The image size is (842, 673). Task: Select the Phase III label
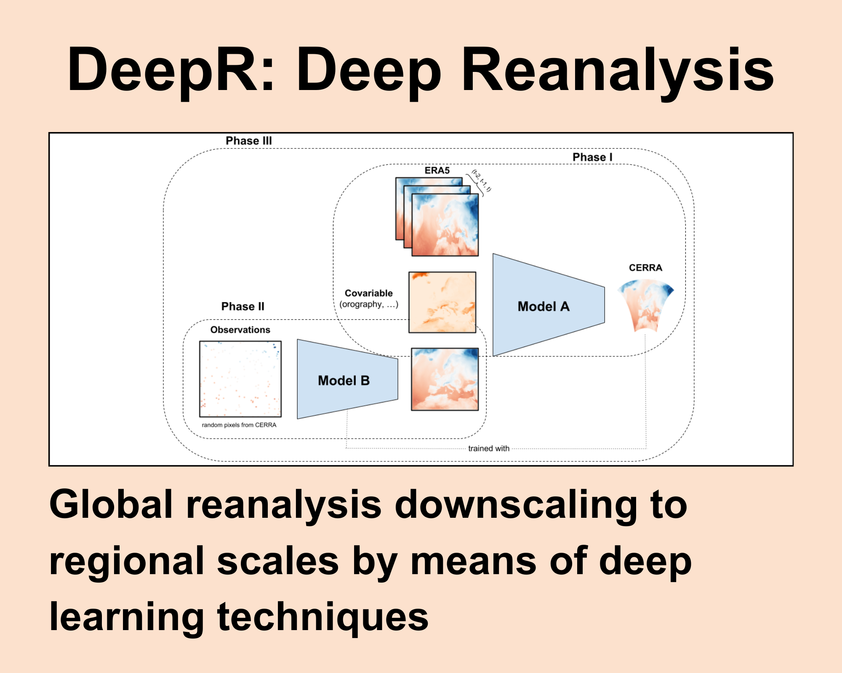click(x=249, y=141)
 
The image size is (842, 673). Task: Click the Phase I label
click(x=592, y=157)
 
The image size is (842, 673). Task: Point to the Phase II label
click(x=243, y=306)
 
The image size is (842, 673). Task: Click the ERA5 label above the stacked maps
click(x=437, y=170)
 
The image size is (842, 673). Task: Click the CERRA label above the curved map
click(x=645, y=268)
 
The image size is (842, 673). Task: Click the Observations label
click(x=240, y=330)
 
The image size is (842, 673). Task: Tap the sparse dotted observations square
click(x=240, y=379)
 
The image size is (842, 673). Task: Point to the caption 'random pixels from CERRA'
click(x=239, y=425)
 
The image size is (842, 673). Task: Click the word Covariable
click(x=368, y=293)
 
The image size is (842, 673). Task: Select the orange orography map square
click(x=442, y=302)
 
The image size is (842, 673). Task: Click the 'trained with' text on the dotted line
click(x=489, y=448)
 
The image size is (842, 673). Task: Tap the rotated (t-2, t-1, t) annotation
click(x=481, y=181)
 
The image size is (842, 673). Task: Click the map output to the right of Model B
click(x=445, y=379)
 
